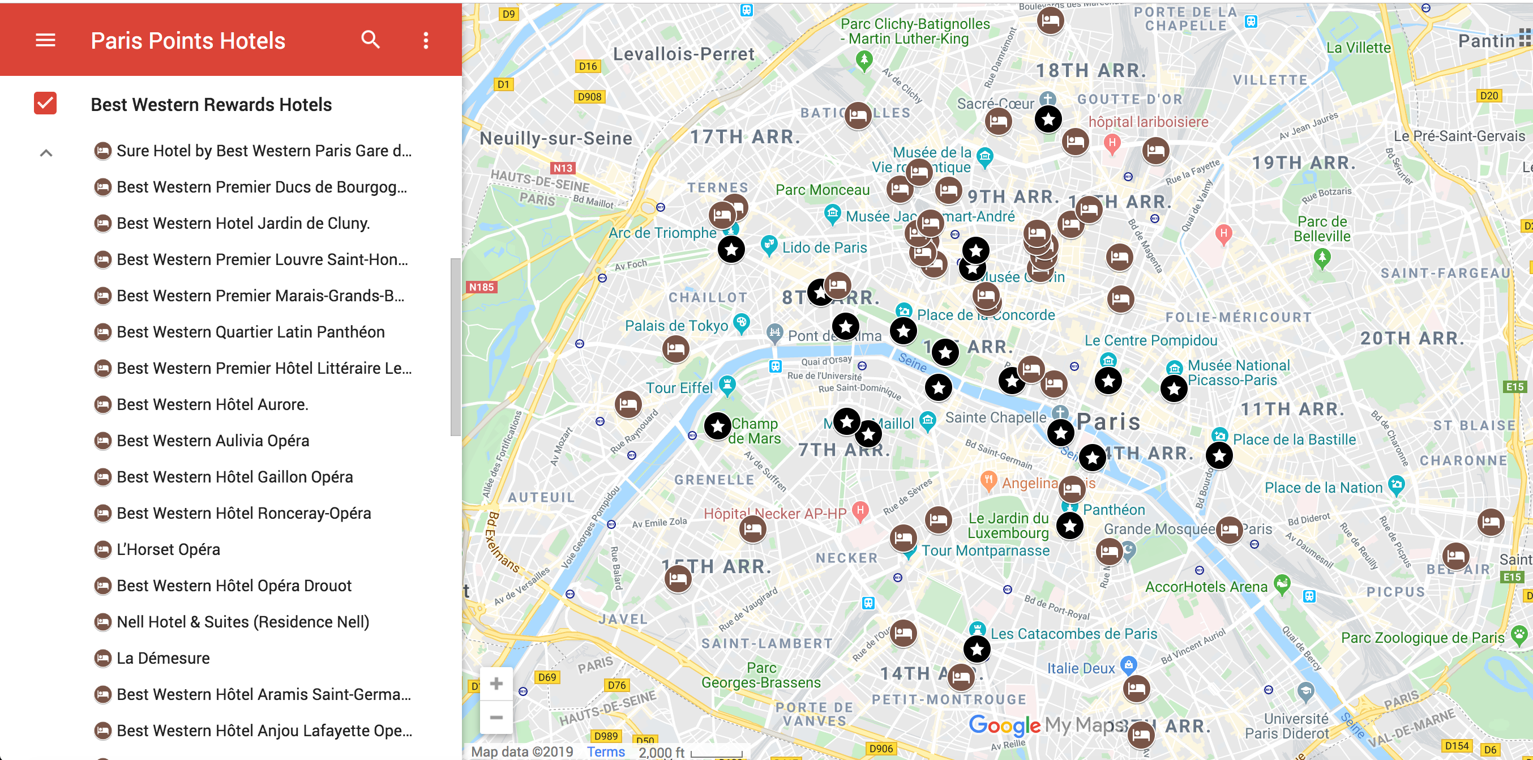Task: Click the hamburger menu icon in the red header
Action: tap(45, 40)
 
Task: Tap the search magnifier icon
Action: tap(370, 40)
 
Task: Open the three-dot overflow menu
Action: tap(426, 40)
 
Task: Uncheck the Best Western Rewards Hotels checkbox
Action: tap(45, 104)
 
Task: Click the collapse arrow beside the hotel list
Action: tap(46, 153)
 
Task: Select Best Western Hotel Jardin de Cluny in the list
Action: tap(243, 223)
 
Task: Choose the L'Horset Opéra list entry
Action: tap(168, 549)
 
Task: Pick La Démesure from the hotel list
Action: tap(162, 658)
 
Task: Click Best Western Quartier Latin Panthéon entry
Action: tap(250, 332)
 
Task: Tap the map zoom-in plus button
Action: tap(496, 684)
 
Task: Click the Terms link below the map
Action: tap(605, 752)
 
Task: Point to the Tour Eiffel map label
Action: tap(679, 388)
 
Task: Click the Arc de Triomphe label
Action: tap(662, 233)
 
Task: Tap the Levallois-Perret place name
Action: tap(683, 54)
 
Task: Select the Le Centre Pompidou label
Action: tap(1150, 340)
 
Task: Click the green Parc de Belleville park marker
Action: tap(1322, 258)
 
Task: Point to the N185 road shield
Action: tap(481, 287)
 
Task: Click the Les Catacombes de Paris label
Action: tap(1073, 634)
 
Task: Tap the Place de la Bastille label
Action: tap(1294, 440)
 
